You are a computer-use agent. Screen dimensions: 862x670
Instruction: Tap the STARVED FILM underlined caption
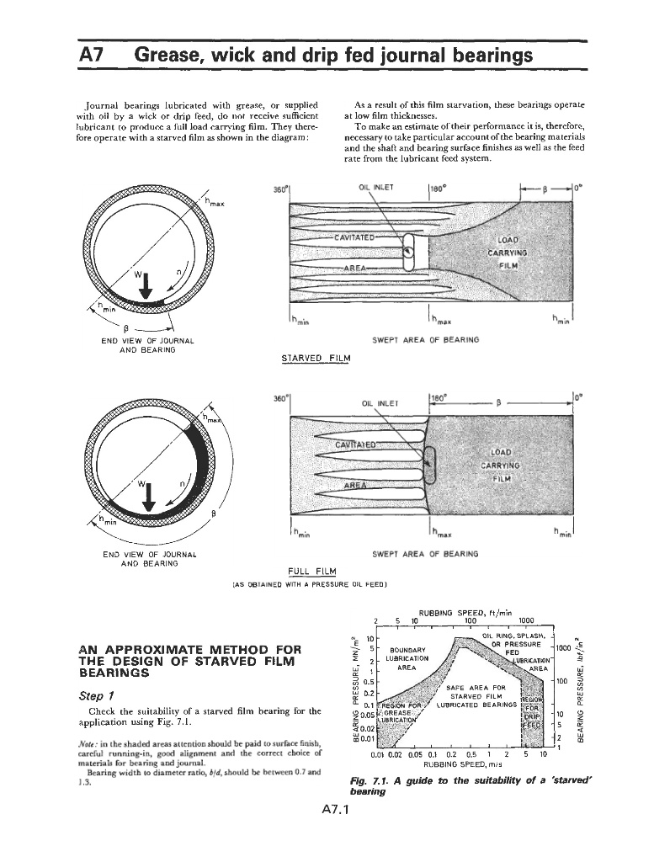click(x=315, y=359)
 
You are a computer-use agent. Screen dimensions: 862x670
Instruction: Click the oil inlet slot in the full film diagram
click(x=430, y=464)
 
